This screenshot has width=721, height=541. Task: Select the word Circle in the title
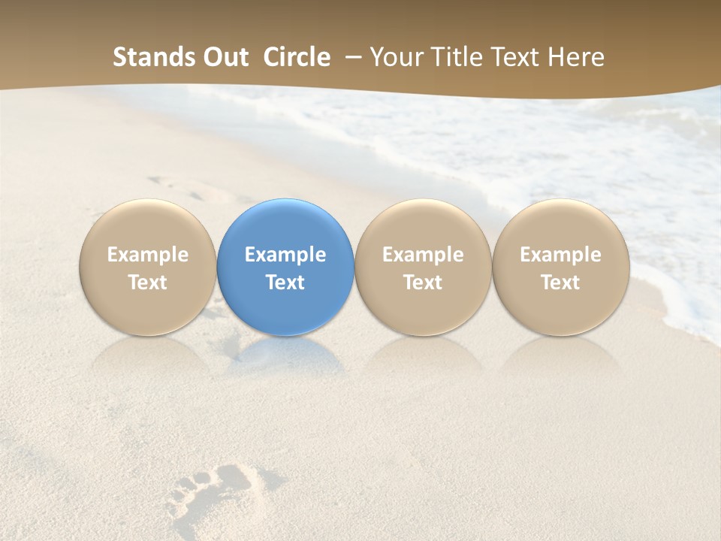pos(297,57)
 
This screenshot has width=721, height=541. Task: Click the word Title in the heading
pos(456,57)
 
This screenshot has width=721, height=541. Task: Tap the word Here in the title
pos(575,57)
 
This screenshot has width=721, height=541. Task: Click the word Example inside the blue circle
pos(285,255)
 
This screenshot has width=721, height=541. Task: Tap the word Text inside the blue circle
pos(285,283)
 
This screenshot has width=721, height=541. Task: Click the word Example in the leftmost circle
pos(147,255)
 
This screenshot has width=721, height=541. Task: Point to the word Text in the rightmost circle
pos(560,283)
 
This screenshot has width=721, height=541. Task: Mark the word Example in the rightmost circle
pos(560,255)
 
